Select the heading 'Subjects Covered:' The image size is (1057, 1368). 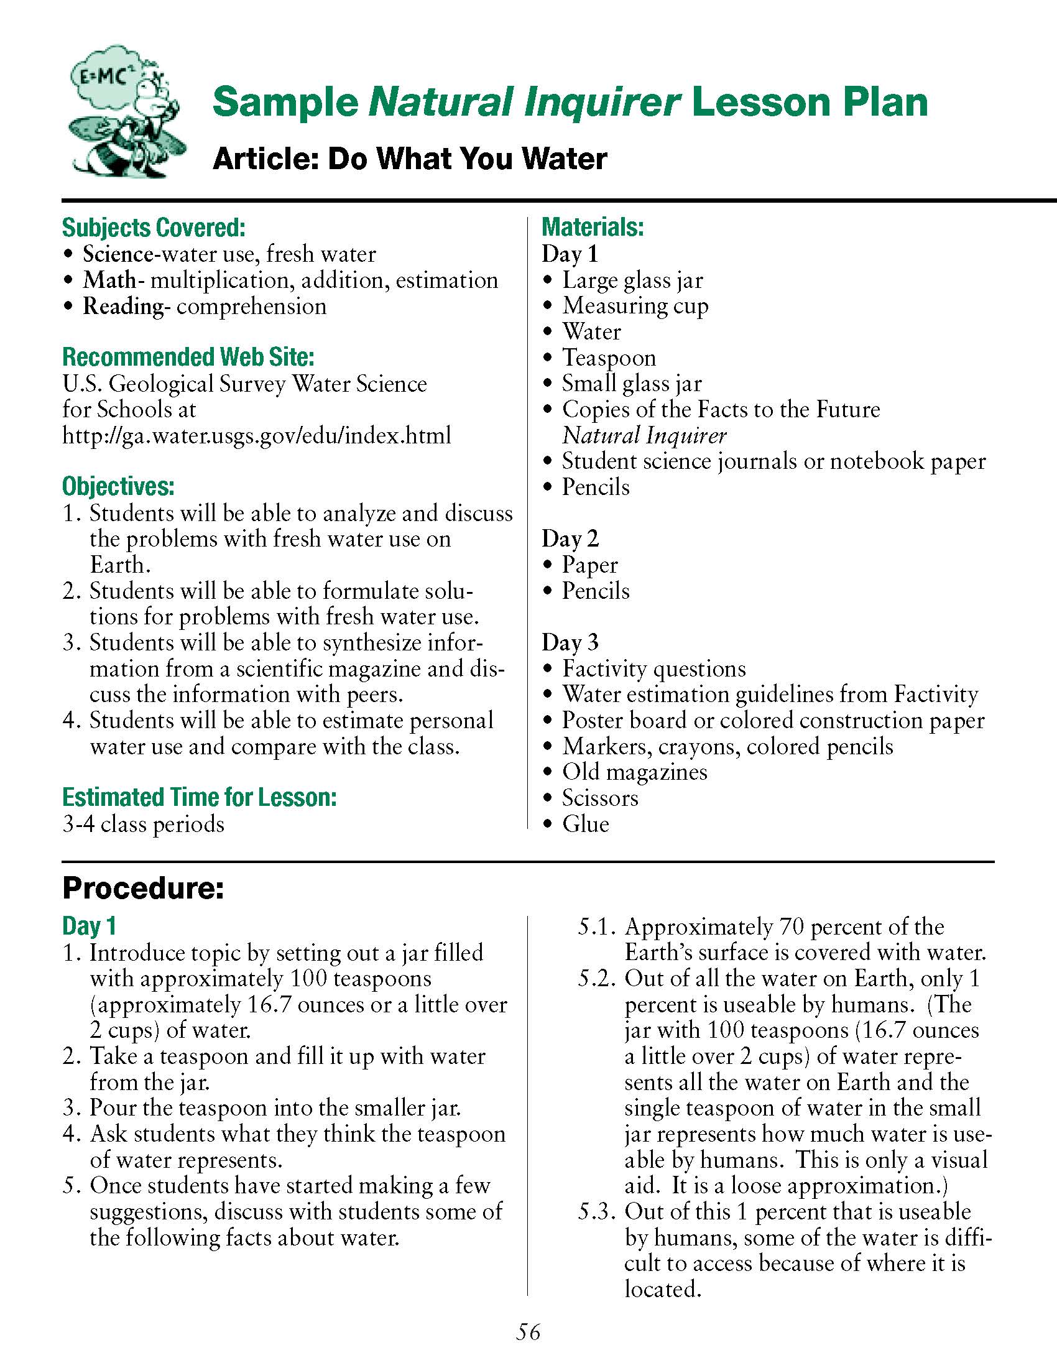[x=154, y=228]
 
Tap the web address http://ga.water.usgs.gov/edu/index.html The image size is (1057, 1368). [x=257, y=435]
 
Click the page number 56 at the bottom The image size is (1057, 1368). [x=528, y=1332]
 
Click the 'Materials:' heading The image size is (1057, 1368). [x=593, y=227]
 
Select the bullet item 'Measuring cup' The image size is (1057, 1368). [x=635, y=306]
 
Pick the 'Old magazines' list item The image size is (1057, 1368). [x=634, y=772]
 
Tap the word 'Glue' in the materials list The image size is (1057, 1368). [x=586, y=824]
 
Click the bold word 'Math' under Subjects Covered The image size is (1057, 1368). [x=109, y=280]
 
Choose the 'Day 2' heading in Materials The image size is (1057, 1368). [x=570, y=538]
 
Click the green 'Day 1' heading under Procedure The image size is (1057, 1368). [x=89, y=926]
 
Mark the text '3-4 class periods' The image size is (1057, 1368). [x=143, y=824]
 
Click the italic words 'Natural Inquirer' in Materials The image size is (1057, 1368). [x=644, y=435]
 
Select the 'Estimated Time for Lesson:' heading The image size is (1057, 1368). [x=199, y=797]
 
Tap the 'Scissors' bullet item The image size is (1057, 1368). [x=600, y=798]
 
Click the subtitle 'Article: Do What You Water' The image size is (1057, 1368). [x=410, y=158]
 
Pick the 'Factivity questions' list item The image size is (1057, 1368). [x=653, y=668]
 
